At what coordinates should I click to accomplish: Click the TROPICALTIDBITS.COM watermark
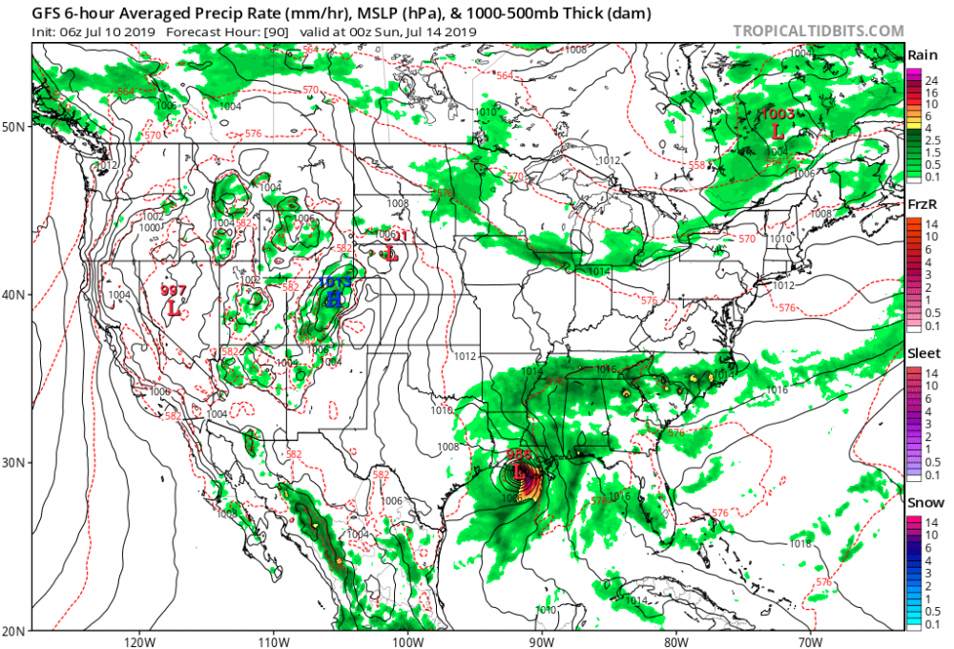pyautogui.click(x=818, y=31)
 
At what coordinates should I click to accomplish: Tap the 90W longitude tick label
pyautogui.click(x=541, y=639)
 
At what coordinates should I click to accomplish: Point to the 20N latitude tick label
pyautogui.click(x=15, y=630)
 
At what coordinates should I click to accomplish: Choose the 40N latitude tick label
pyautogui.click(x=15, y=294)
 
